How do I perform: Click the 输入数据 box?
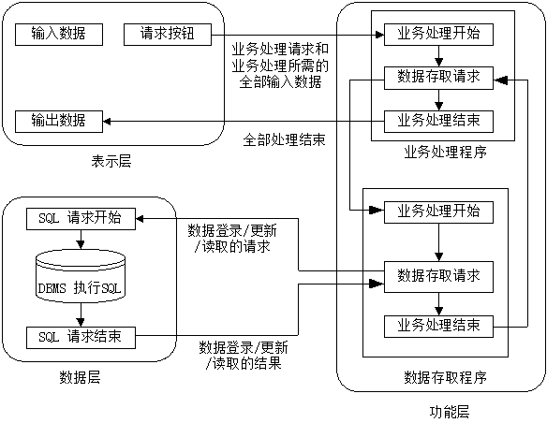[x=59, y=35]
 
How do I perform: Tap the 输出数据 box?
[x=59, y=120]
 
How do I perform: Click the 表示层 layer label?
[x=111, y=160]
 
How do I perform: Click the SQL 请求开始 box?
[x=81, y=218]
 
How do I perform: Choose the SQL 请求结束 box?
[x=81, y=335]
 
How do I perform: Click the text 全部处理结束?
[x=284, y=140]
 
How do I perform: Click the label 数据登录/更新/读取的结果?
[x=244, y=355]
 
